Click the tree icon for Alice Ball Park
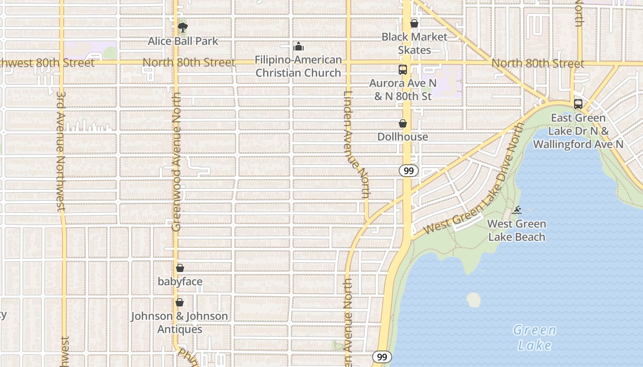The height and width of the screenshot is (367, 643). click(x=183, y=28)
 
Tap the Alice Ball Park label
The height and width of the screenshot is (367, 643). click(x=183, y=41)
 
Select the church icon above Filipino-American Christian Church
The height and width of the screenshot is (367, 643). click(x=299, y=46)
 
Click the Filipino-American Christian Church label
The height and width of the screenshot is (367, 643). click(x=299, y=66)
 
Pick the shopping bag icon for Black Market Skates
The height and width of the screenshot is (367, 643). click(x=414, y=23)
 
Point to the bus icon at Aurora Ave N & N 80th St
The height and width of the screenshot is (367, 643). click(x=403, y=70)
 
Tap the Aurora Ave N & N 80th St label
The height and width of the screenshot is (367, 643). click(x=403, y=89)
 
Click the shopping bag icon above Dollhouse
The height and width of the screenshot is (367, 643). click(x=403, y=123)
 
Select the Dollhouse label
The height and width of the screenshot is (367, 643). click(x=403, y=137)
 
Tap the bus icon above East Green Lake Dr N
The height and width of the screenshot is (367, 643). click(x=578, y=104)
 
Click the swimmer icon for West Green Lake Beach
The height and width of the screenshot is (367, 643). click(x=517, y=210)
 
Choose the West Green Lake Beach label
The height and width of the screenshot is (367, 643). click(x=517, y=230)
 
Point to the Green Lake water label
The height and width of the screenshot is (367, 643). click(x=535, y=337)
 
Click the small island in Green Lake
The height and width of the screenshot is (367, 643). click(x=474, y=300)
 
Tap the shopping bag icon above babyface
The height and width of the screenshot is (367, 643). click(x=180, y=268)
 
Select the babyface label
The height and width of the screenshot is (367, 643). click(x=180, y=281)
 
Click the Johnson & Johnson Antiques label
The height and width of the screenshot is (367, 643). click(x=180, y=323)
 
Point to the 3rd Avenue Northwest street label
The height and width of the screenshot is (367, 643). click(x=61, y=151)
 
